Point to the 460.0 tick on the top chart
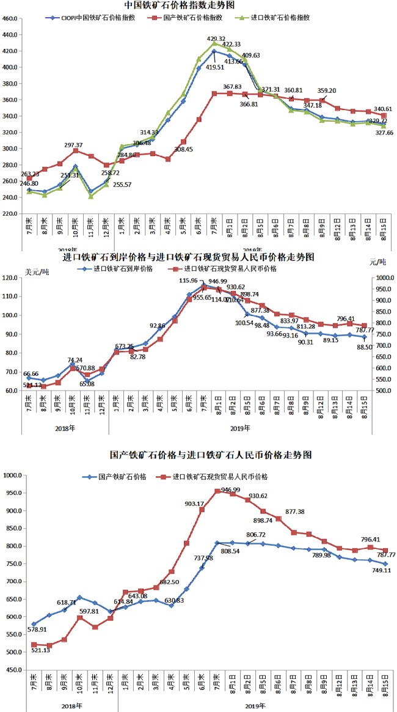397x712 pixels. point(10,19)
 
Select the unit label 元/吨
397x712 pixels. point(379,263)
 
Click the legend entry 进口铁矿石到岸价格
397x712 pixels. point(125,269)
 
